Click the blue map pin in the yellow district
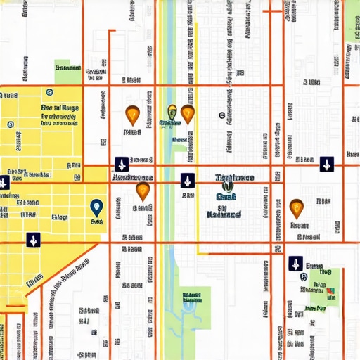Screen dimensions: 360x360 click(x=97, y=206)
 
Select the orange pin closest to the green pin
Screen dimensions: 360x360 click(x=187, y=112)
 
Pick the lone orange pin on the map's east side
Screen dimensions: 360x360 click(x=296, y=207)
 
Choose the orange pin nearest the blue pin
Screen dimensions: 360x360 click(x=143, y=191)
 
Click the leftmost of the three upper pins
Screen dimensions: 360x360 click(x=131, y=113)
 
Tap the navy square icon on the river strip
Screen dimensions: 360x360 click(x=187, y=180)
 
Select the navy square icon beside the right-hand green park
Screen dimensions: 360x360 click(x=295, y=264)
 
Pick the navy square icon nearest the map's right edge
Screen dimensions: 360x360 click(x=326, y=165)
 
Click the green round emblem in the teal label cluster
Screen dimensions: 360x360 click(x=226, y=186)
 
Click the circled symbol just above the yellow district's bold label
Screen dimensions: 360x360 click(x=49, y=91)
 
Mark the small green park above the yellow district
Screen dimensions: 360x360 click(x=68, y=67)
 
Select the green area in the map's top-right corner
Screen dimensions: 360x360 click(x=352, y=21)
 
